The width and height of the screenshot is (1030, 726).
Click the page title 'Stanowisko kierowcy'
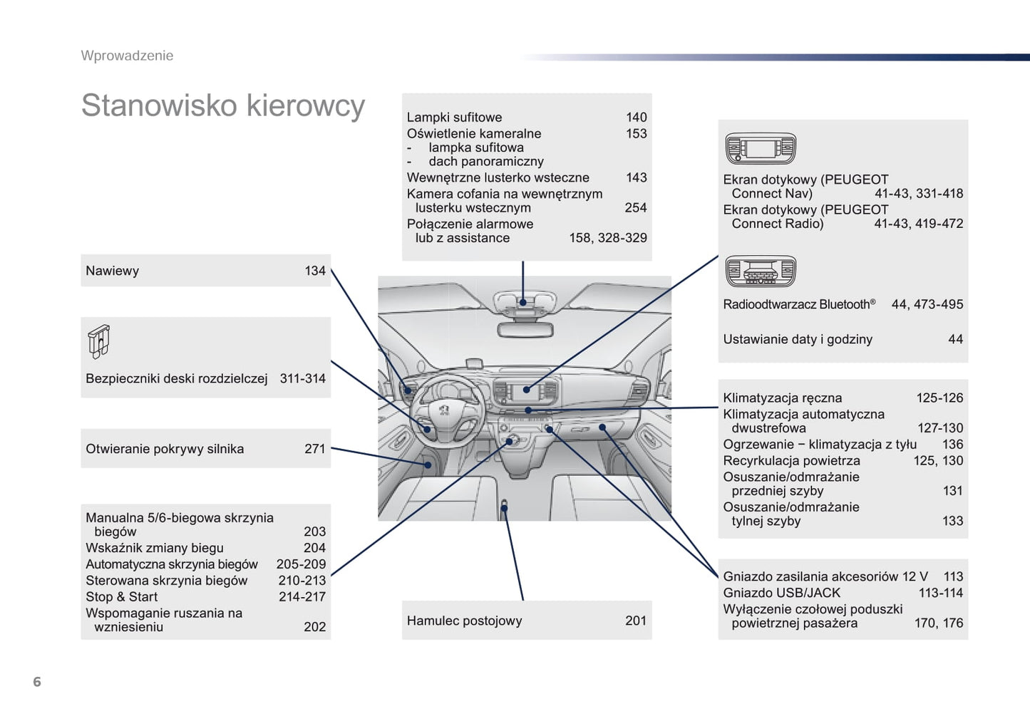pyautogui.click(x=223, y=105)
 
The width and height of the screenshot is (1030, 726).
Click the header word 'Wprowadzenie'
pyautogui.click(x=128, y=56)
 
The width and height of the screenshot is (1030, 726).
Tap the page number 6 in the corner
pyautogui.click(x=37, y=681)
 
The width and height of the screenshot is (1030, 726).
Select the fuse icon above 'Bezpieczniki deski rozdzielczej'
pyautogui.click(x=98, y=341)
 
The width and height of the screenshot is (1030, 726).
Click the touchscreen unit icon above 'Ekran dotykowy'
pyautogui.click(x=761, y=148)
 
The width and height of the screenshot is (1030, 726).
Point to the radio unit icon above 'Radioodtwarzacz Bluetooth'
pyautogui.click(x=761, y=271)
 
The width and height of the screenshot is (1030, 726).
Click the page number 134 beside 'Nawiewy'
pyautogui.click(x=315, y=271)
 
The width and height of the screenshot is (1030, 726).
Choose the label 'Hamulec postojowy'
pyautogui.click(x=465, y=621)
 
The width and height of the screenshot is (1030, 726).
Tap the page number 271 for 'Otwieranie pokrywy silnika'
pyautogui.click(x=315, y=448)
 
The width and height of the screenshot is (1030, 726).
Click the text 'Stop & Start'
pyautogui.click(x=121, y=596)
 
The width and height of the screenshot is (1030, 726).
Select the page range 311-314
pyautogui.click(x=302, y=378)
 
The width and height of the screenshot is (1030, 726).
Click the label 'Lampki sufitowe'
pyautogui.click(x=454, y=117)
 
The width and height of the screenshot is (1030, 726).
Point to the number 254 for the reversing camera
pyautogui.click(x=636, y=208)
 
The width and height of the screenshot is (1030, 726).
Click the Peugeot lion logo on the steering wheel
pyautogui.click(x=444, y=410)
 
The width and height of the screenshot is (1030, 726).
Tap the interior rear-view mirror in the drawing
pyautogui.click(x=525, y=330)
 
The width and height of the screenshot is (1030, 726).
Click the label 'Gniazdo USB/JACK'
pyautogui.click(x=782, y=593)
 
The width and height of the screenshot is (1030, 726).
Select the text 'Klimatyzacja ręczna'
pyautogui.click(x=783, y=398)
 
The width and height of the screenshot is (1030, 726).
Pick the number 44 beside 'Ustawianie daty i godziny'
pyautogui.click(x=955, y=339)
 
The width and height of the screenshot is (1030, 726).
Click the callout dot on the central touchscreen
pyautogui.click(x=527, y=390)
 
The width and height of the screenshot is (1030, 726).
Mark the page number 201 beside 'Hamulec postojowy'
pyautogui.click(x=636, y=621)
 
